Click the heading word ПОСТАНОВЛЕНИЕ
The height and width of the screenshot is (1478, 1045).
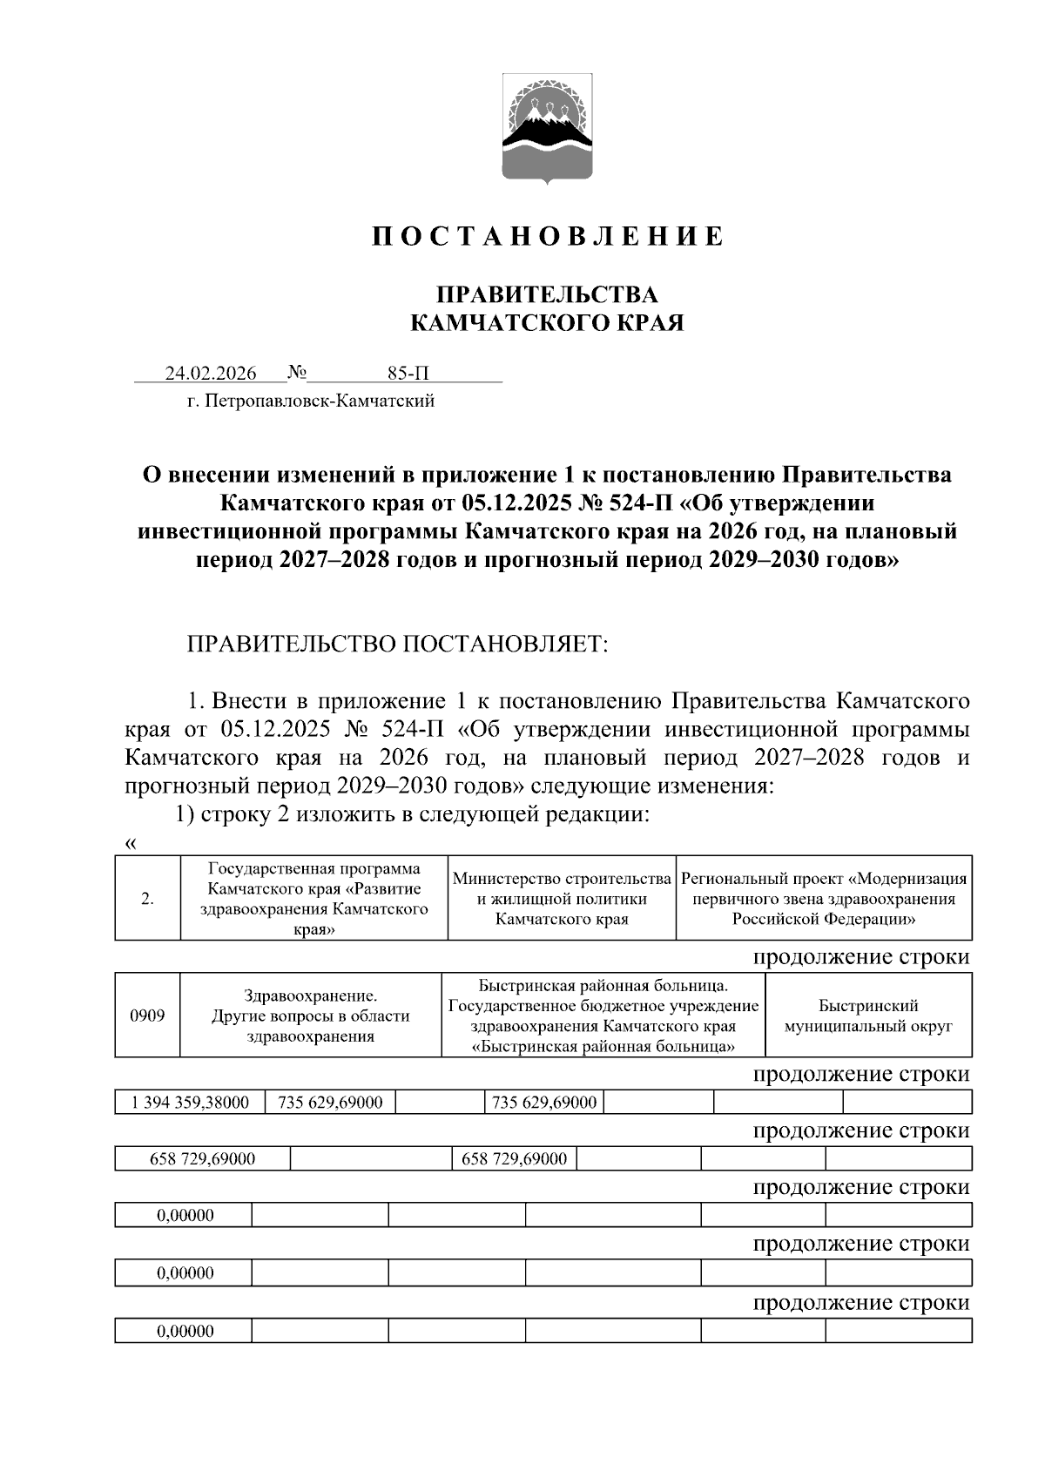547,237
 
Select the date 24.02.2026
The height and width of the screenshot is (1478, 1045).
211,374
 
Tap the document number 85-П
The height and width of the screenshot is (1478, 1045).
408,374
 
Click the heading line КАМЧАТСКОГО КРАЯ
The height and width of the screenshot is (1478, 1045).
547,324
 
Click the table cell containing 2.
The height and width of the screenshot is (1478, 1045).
147,899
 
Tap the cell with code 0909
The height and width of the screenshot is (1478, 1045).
147,1015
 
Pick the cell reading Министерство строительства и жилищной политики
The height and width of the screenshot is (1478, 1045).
562,899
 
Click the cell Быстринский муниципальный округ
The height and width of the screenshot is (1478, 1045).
868,1016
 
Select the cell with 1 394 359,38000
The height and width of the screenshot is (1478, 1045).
189,1103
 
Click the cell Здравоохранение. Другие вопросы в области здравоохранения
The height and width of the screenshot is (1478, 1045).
310,1016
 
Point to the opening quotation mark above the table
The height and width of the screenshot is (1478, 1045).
131,843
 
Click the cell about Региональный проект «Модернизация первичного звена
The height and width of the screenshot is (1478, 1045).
824,899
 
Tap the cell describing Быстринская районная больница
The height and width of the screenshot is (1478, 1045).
603,1016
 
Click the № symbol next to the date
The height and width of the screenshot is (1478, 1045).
297,374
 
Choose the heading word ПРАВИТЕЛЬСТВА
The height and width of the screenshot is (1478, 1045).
547,294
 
